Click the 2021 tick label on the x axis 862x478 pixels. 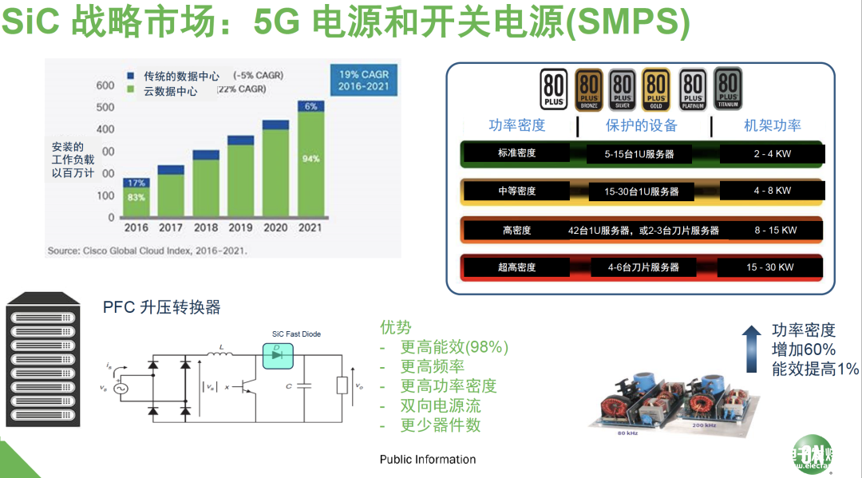310,227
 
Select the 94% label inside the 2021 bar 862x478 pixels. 310,159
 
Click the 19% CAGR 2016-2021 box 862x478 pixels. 363,81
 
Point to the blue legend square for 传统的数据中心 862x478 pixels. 131,76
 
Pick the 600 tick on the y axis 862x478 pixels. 105,85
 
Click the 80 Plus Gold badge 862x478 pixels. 656,89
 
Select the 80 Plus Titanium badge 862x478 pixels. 727,88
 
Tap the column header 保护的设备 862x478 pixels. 641,125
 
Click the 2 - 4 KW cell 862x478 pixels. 772,153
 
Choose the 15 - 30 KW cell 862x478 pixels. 770,267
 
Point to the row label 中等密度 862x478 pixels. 516,192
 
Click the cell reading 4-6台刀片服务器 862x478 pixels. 643,267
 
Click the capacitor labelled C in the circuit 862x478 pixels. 303,386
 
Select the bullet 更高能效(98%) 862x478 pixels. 454,347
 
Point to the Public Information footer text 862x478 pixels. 428,460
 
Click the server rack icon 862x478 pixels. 43,360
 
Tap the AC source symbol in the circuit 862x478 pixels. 123,389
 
